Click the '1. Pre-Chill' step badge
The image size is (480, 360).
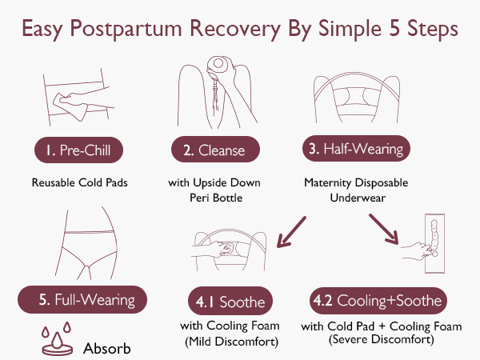79,150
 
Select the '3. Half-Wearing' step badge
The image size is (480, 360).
356,149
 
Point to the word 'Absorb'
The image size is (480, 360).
106,348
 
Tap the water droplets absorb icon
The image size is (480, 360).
54,340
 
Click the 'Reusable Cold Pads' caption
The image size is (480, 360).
79,182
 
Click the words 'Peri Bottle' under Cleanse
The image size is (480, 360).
214,196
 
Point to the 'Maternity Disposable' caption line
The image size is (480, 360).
355,182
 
